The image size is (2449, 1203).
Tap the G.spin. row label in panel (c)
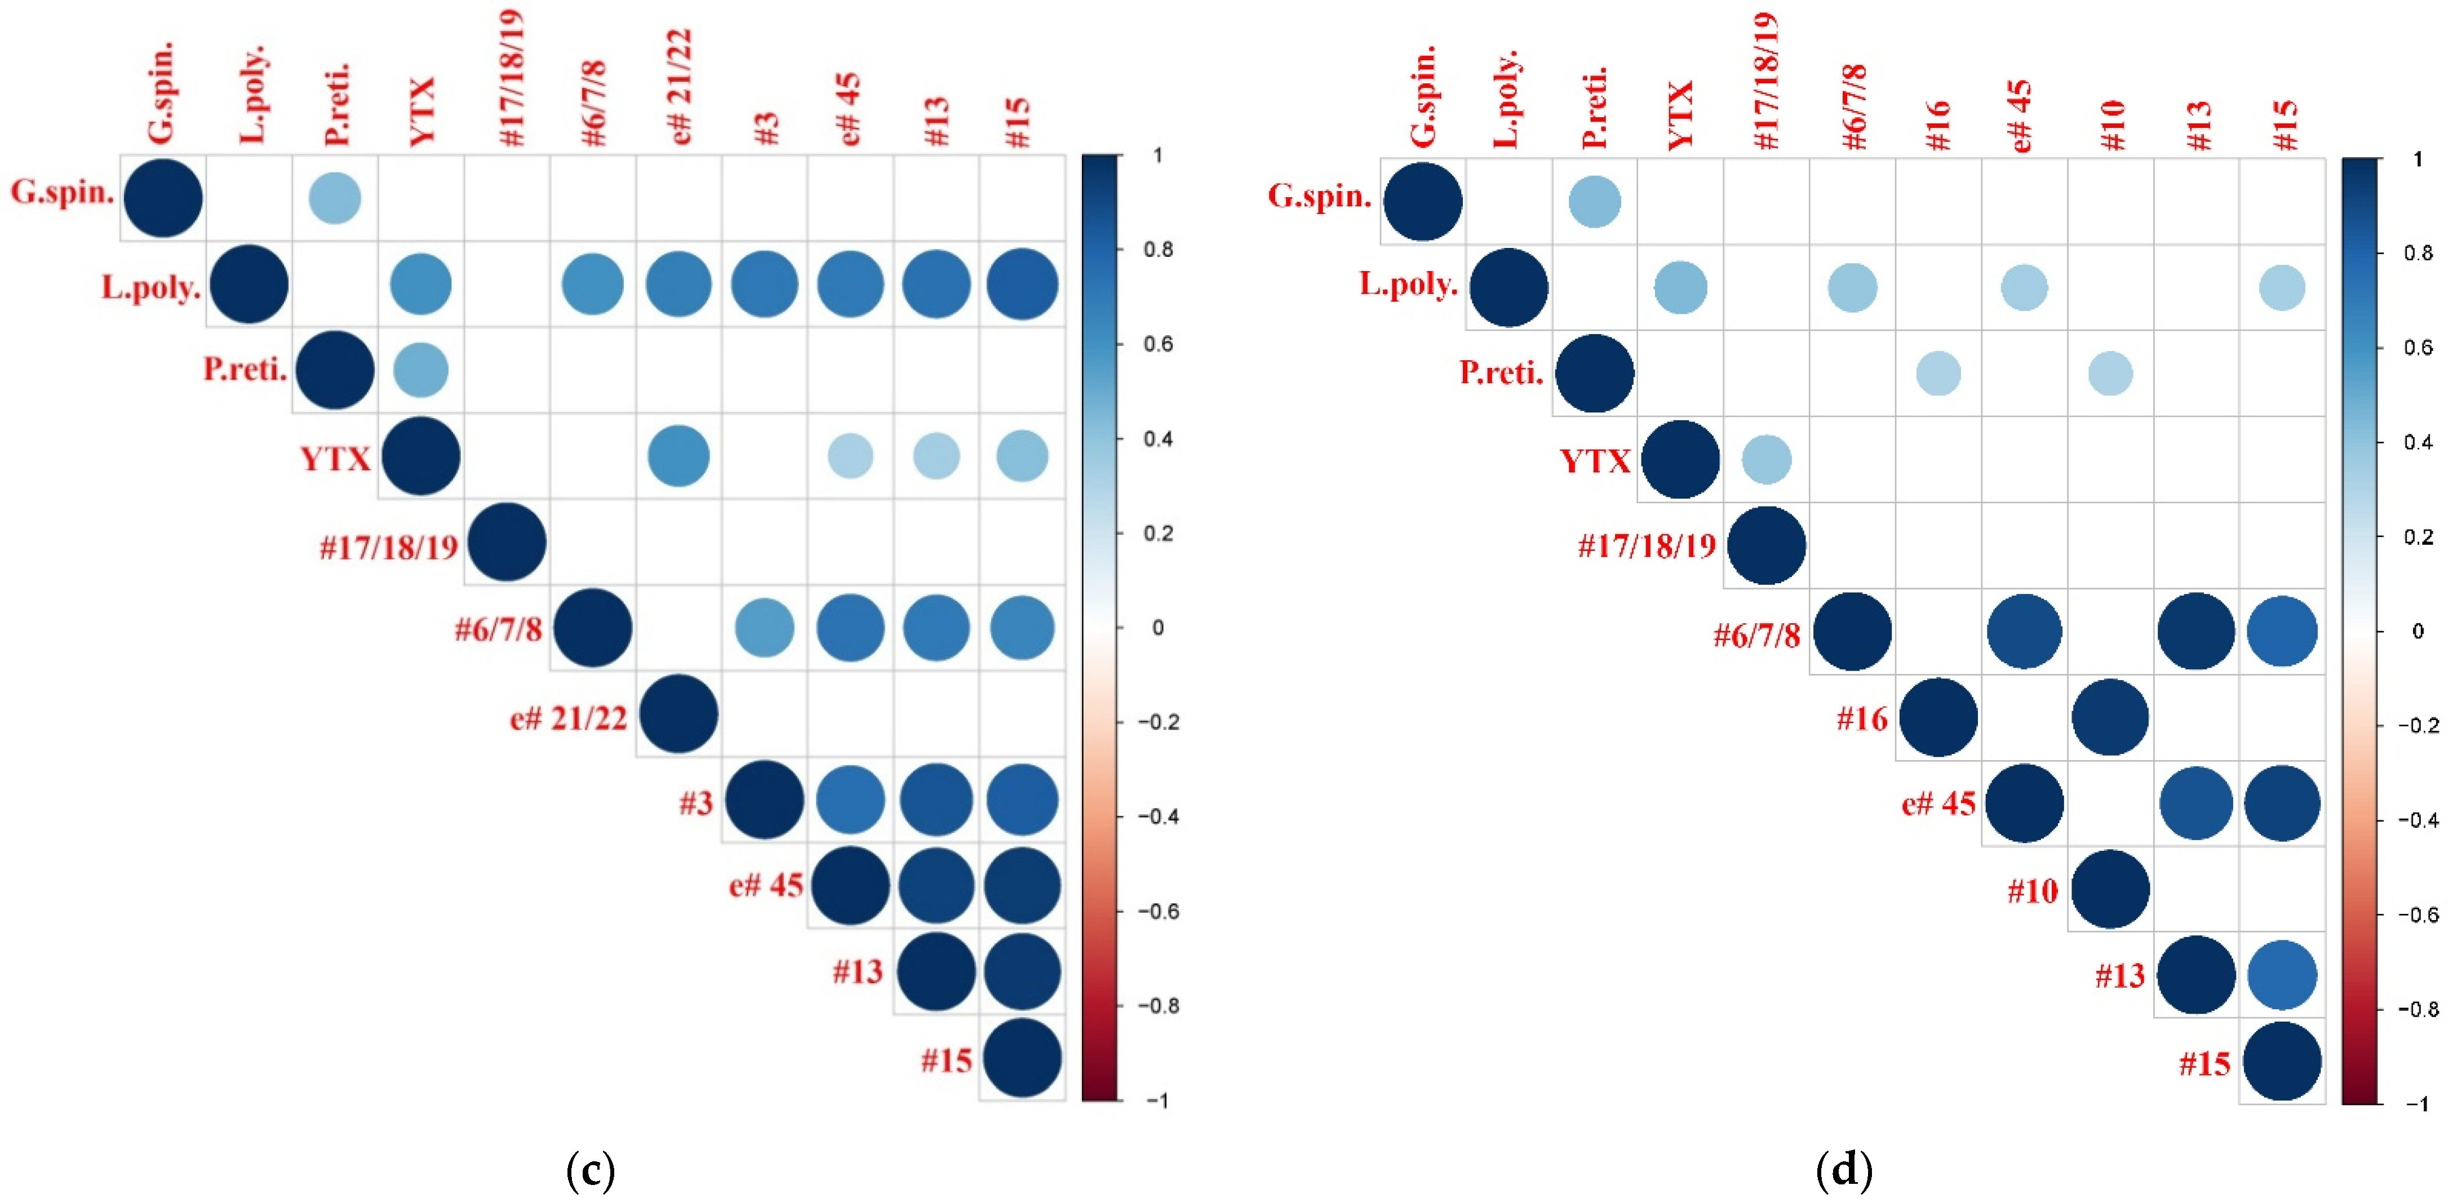click(63, 193)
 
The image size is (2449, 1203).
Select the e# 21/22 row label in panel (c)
click(569, 718)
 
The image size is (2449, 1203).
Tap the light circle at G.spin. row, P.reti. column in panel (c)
click(335, 199)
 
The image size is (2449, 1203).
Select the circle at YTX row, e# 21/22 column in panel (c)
click(678, 456)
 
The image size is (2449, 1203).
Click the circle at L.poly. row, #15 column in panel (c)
click(1022, 285)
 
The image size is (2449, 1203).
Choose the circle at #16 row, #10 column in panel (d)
click(2110, 717)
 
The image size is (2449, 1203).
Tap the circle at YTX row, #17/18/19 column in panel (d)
click(1767, 459)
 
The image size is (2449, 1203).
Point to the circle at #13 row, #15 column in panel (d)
click(2282, 975)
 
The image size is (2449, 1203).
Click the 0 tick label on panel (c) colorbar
click(1157, 628)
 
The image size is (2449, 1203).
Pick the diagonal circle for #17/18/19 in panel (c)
click(507, 542)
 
